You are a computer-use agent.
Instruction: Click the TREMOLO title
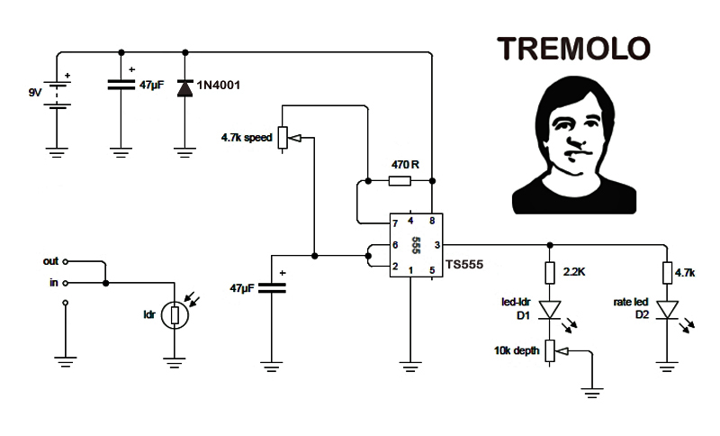[x=573, y=49]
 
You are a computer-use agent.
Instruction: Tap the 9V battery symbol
[x=57, y=95]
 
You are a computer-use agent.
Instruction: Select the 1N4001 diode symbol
[x=185, y=87]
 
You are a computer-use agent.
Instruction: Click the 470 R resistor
[x=400, y=181]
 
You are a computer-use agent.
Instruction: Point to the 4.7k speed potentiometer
[x=283, y=137]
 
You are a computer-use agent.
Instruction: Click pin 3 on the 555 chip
[x=437, y=245]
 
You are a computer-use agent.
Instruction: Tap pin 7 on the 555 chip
[x=395, y=223]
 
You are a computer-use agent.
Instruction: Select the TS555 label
[x=464, y=265]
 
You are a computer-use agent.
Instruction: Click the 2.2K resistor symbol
[x=550, y=273]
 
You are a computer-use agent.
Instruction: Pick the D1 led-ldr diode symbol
[x=550, y=309]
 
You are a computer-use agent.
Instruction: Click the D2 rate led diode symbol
[x=667, y=309]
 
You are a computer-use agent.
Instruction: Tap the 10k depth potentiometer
[x=551, y=351]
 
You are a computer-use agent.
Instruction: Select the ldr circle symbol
[x=175, y=315]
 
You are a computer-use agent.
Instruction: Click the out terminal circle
[x=65, y=261]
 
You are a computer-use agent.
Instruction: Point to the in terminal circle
[x=65, y=283]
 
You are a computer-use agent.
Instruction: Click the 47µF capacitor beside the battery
[x=121, y=85]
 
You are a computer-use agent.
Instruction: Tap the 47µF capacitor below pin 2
[x=272, y=288]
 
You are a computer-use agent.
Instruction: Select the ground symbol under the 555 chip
[x=410, y=367]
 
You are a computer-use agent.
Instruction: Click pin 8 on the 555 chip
[x=432, y=221]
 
